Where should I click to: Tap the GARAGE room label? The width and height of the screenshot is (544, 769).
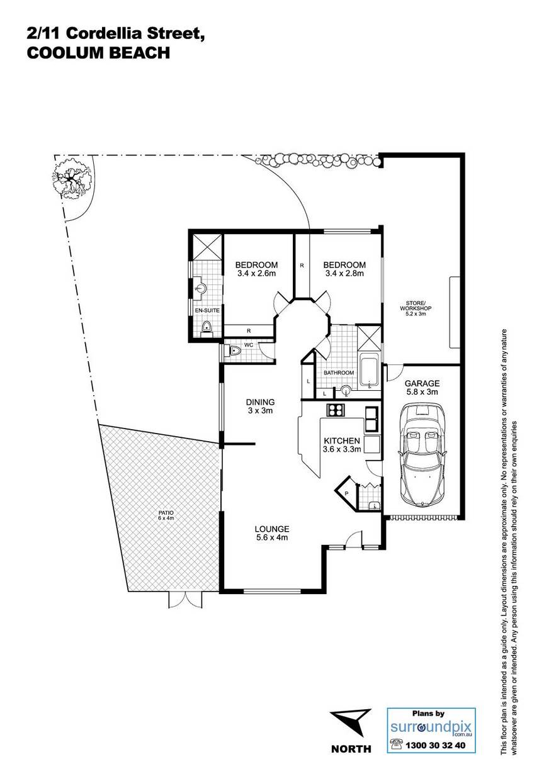pyautogui.click(x=422, y=383)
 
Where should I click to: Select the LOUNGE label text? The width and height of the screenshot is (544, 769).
pyautogui.click(x=271, y=529)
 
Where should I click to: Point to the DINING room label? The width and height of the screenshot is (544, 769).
pyautogui.click(x=260, y=401)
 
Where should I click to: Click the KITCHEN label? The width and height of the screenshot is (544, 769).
pyautogui.click(x=342, y=441)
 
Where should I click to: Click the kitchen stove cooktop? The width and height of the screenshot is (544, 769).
pyautogui.click(x=335, y=410)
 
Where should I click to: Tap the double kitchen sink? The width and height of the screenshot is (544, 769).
pyautogui.click(x=371, y=418)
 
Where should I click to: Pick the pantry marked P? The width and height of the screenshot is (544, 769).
pyautogui.click(x=346, y=493)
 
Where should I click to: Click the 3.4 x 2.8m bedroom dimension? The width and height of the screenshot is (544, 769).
pyautogui.click(x=344, y=273)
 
